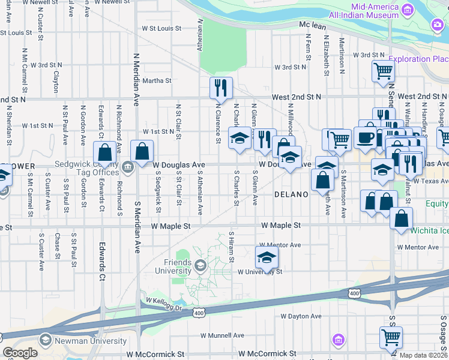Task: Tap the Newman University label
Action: point(91,341)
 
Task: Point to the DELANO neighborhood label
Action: point(291,194)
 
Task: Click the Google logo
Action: point(20,353)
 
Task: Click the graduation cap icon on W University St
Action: point(267,257)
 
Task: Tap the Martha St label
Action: point(157,80)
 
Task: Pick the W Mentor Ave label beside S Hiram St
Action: point(279,245)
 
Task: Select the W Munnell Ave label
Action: point(222,335)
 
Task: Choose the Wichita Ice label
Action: point(429,230)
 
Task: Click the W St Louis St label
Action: point(161,28)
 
